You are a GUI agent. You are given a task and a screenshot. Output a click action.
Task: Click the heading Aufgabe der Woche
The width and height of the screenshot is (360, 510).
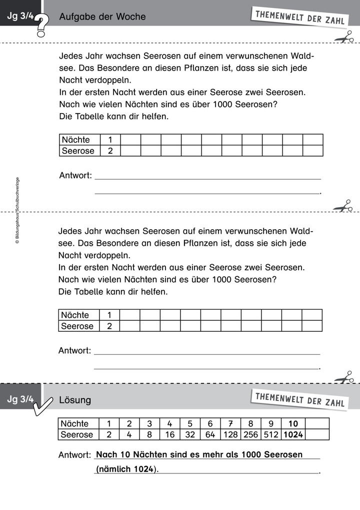[x=102, y=17]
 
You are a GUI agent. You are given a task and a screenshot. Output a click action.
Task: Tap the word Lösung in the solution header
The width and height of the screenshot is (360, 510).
[x=75, y=400]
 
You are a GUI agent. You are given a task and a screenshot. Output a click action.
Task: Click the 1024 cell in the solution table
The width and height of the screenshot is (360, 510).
[x=293, y=434]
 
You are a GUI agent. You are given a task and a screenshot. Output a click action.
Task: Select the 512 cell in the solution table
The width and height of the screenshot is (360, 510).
[x=270, y=434]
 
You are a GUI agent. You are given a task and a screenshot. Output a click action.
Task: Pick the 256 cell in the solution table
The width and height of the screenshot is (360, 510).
[x=250, y=434]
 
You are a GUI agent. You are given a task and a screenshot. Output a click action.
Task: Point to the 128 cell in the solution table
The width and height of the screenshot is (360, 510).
[x=230, y=434]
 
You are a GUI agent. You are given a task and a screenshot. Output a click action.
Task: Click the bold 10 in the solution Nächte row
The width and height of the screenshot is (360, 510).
[x=293, y=423]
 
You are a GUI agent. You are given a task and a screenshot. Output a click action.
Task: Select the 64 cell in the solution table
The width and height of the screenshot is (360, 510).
[x=210, y=434]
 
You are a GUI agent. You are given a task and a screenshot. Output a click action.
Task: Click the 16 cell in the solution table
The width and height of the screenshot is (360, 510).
[x=169, y=434]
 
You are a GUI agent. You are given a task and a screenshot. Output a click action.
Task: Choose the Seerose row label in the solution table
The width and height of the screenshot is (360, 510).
[x=77, y=434]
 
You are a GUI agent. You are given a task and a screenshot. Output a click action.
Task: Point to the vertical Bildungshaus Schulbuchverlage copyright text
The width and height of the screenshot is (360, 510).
[x=17, y=210]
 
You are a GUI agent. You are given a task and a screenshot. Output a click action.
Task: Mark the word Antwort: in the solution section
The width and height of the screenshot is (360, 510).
[x=74, y=455]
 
